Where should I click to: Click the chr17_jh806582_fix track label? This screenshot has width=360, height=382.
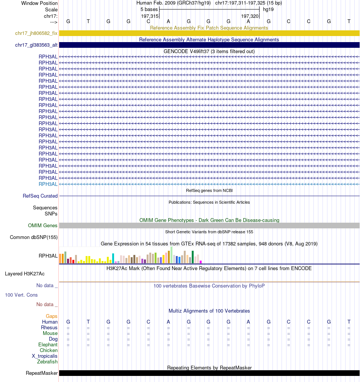[36, 33]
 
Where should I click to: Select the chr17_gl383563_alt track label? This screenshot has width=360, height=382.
[36, 45]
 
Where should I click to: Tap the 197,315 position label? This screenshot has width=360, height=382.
[150, 16]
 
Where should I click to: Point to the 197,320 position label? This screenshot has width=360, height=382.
[250, 16]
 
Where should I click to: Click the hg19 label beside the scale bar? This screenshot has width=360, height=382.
[268, 9]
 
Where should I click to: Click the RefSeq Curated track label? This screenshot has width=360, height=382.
[40, 196]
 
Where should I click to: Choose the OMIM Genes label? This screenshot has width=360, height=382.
[43, 226]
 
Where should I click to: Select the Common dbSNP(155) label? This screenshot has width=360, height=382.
[34, 237]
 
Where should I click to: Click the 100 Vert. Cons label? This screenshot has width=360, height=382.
[21, 295]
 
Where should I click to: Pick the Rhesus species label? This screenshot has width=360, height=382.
[49, 328]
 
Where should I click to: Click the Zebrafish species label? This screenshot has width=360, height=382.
[47, 362]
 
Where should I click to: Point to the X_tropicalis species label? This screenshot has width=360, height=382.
[45, 356]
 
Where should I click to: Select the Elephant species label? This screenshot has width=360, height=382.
[48, 345]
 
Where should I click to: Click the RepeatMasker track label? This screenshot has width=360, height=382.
[42, 373]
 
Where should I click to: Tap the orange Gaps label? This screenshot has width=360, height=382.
[52, 316]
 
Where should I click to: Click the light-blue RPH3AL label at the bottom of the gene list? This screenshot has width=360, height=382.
[48, 184]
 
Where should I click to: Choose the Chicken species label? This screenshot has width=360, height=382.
[49, 351]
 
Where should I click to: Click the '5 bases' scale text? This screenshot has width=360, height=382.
[149, 9]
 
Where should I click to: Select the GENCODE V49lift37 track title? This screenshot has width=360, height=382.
[209, 51]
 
